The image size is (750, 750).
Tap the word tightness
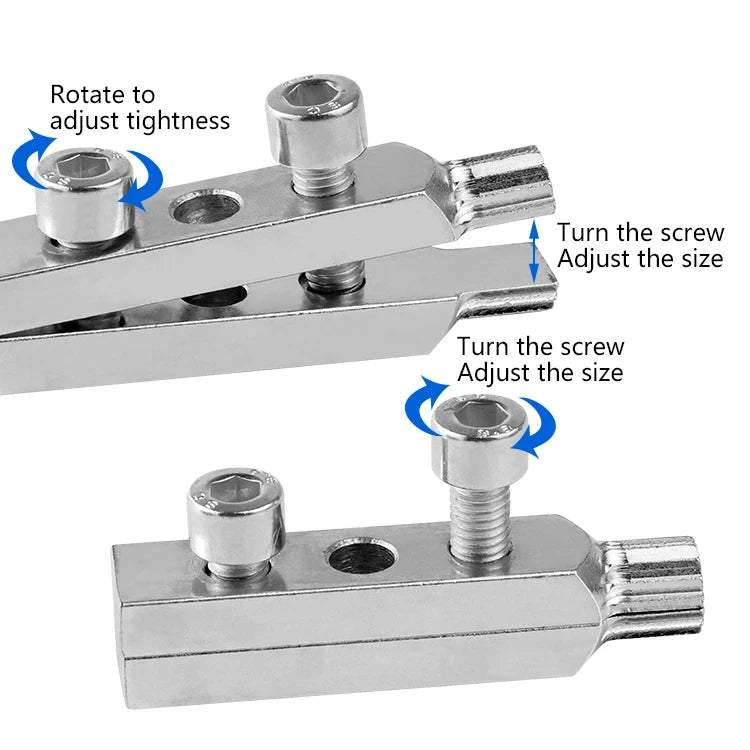point(180,121)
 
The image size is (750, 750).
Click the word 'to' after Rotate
point(141,95)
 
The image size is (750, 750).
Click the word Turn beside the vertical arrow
point(585,233)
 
